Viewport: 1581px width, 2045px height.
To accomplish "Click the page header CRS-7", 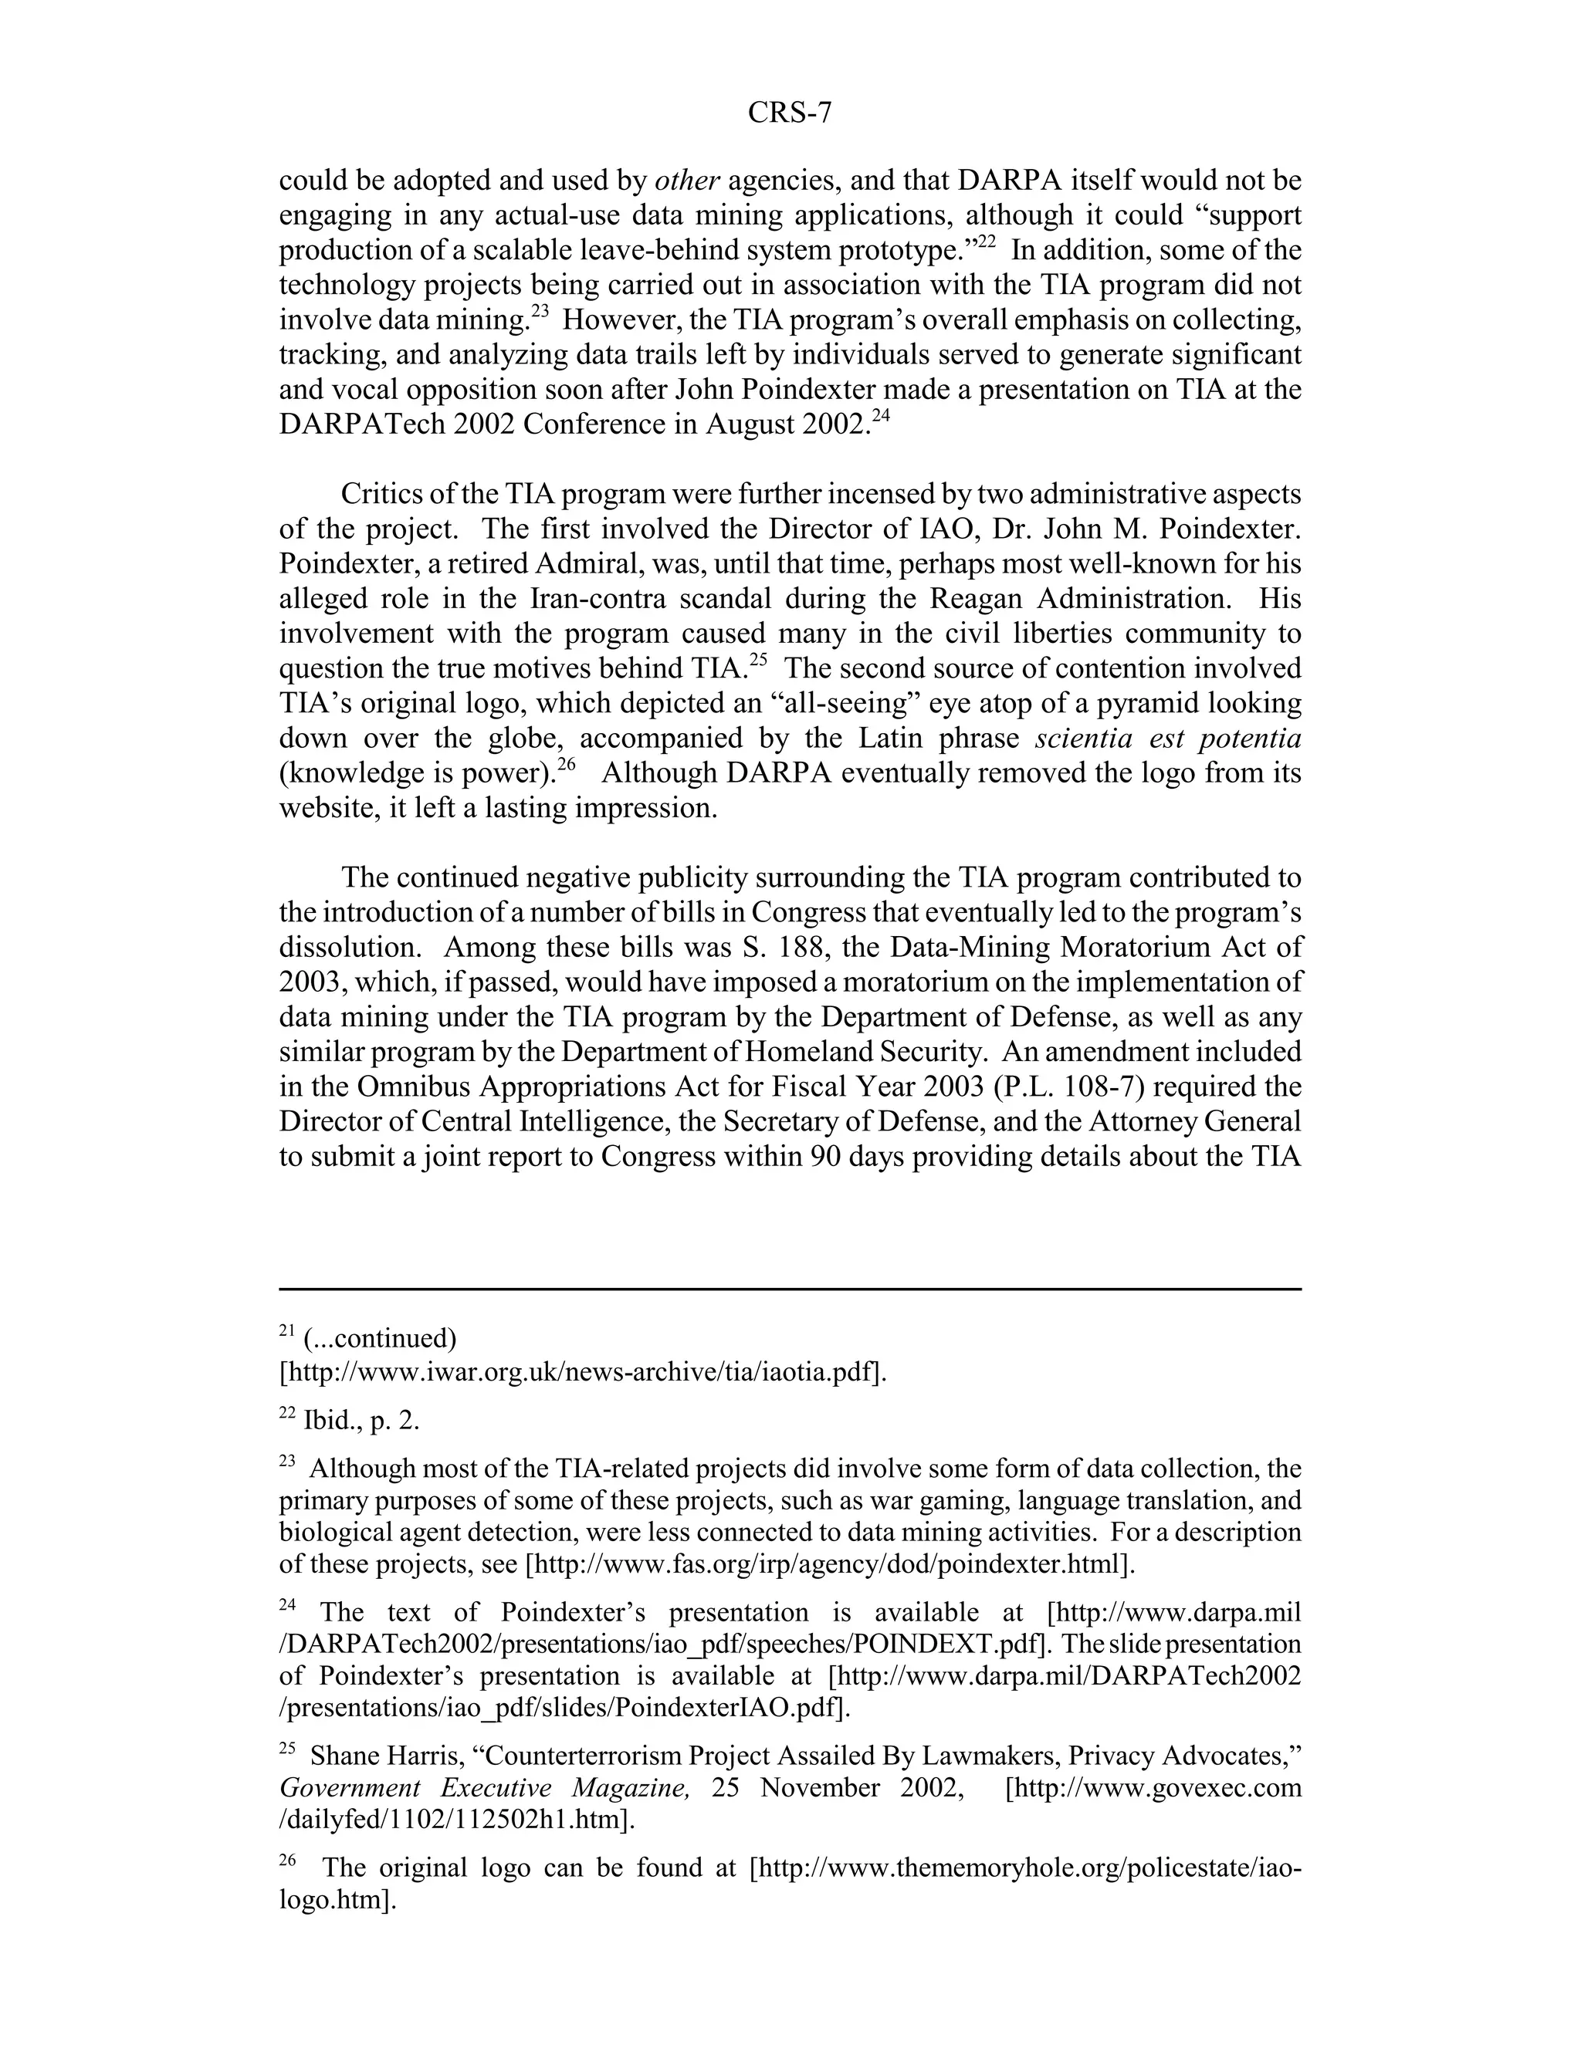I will pyautogui.click(x=789, y=113).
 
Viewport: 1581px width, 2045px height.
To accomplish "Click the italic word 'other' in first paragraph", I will pyautogui.click(x=686, y=181).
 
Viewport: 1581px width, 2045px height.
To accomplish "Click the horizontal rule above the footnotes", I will pyautogui.click(x=790, y=1290).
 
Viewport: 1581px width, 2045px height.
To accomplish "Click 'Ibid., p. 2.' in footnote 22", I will pyautogui.click(x=361, y=1421).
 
